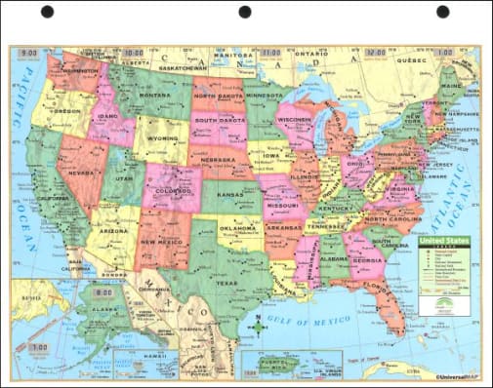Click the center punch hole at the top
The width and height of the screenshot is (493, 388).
pyautogui.click(x=245, y=12)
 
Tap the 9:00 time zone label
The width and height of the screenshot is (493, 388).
pyautogui.click(x=29, y=51)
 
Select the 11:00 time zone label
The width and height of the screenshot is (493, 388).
pyautogui.click(x=270, y=52)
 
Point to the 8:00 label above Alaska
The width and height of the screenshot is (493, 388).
pyautogui.click(x=102, y=291)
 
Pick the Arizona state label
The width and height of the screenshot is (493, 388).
pyautogui.click(x=113, y=231)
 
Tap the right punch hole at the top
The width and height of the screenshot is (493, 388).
pyautogui.click(x=442, y=12)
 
